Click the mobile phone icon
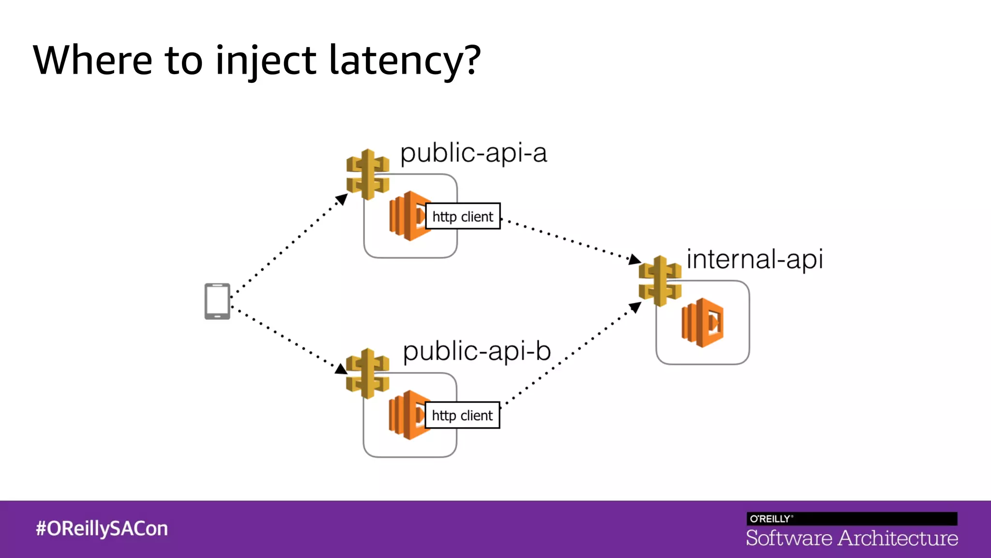point(217,301)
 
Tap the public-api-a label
point(473,154)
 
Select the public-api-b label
point(477,351)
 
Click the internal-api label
point(754,259)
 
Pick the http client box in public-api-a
point(463,216)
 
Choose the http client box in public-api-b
point(462,415)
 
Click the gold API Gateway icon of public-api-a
point(368,174)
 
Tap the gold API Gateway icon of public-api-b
point(368,373)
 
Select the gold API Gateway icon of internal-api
point(660,281)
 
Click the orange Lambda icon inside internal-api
point(703,323)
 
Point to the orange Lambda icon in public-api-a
point(406,216)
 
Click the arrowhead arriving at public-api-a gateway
point(342,199)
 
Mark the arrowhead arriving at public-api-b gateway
point(341,369)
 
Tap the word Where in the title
point(92,60)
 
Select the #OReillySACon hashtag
point(102,528)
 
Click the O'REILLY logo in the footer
point(770,519)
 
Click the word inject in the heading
point(265,60)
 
